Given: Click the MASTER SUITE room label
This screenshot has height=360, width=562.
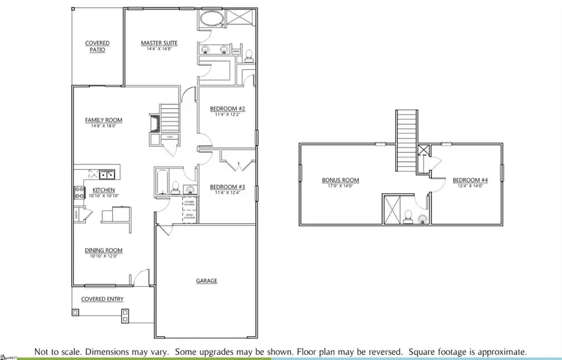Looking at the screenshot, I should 159,43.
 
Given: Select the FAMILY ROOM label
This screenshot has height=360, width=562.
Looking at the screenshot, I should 104,120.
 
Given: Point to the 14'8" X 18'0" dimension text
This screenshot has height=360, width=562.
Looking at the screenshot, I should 104,126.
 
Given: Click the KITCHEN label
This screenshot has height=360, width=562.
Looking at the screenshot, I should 104,190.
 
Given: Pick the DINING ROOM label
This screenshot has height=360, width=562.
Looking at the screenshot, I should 104,250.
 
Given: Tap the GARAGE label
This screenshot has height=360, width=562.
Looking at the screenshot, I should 207,281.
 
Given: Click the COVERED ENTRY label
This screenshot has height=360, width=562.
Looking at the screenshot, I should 102,299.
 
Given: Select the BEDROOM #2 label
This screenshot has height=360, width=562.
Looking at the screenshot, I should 227,109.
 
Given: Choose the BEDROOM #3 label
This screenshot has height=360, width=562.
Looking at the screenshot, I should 227,187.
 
